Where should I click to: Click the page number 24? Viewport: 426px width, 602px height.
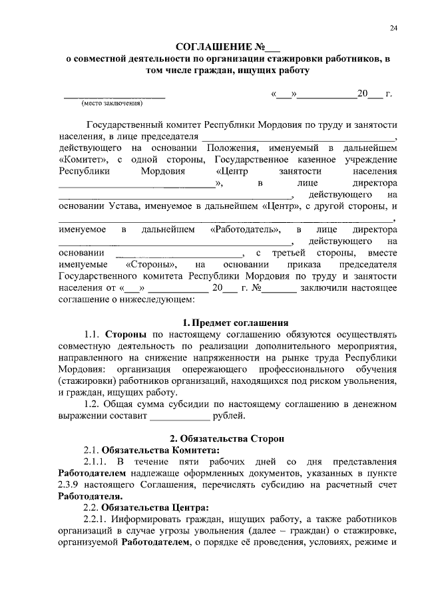pos(394,27)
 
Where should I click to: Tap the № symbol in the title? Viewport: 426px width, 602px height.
pos(259,47)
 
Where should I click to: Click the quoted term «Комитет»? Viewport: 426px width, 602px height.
pos(84,160)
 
